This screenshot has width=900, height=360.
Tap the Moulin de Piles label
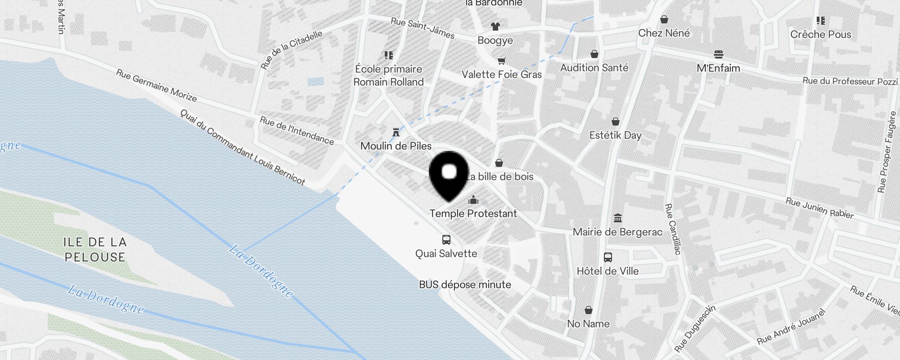(x=396, y=146)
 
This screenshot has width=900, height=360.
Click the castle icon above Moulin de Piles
(x=396, y=132)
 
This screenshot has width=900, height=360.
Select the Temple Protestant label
(x=473, y=213)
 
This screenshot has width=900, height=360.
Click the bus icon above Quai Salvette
(x=446, y=240)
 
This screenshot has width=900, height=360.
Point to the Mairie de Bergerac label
(x=617, y=232)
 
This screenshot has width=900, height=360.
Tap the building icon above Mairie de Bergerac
(x=618, y=218)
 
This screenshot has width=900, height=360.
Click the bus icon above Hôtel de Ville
(x=607, y=257)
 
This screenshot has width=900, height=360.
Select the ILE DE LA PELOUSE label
(x=95, y=250)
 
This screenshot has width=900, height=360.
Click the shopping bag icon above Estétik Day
(x=615, y=121)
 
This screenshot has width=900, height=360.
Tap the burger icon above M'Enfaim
(x=718, y=55)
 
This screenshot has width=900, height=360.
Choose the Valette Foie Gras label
(x=502, y=74)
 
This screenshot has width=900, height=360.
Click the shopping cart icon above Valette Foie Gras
(x=501, y=61)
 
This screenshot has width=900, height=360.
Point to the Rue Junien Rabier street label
(x=819, y=208)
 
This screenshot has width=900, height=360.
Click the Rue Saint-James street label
(x=423, y=28)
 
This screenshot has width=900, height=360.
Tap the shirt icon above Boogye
(x=495, y=27)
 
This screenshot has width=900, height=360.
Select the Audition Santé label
(x=594, y=67)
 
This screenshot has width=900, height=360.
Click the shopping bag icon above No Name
(x=588, y=310)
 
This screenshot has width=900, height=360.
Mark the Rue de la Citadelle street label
(x=292, y=49)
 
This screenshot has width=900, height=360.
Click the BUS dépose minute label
(x=465, y=284)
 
